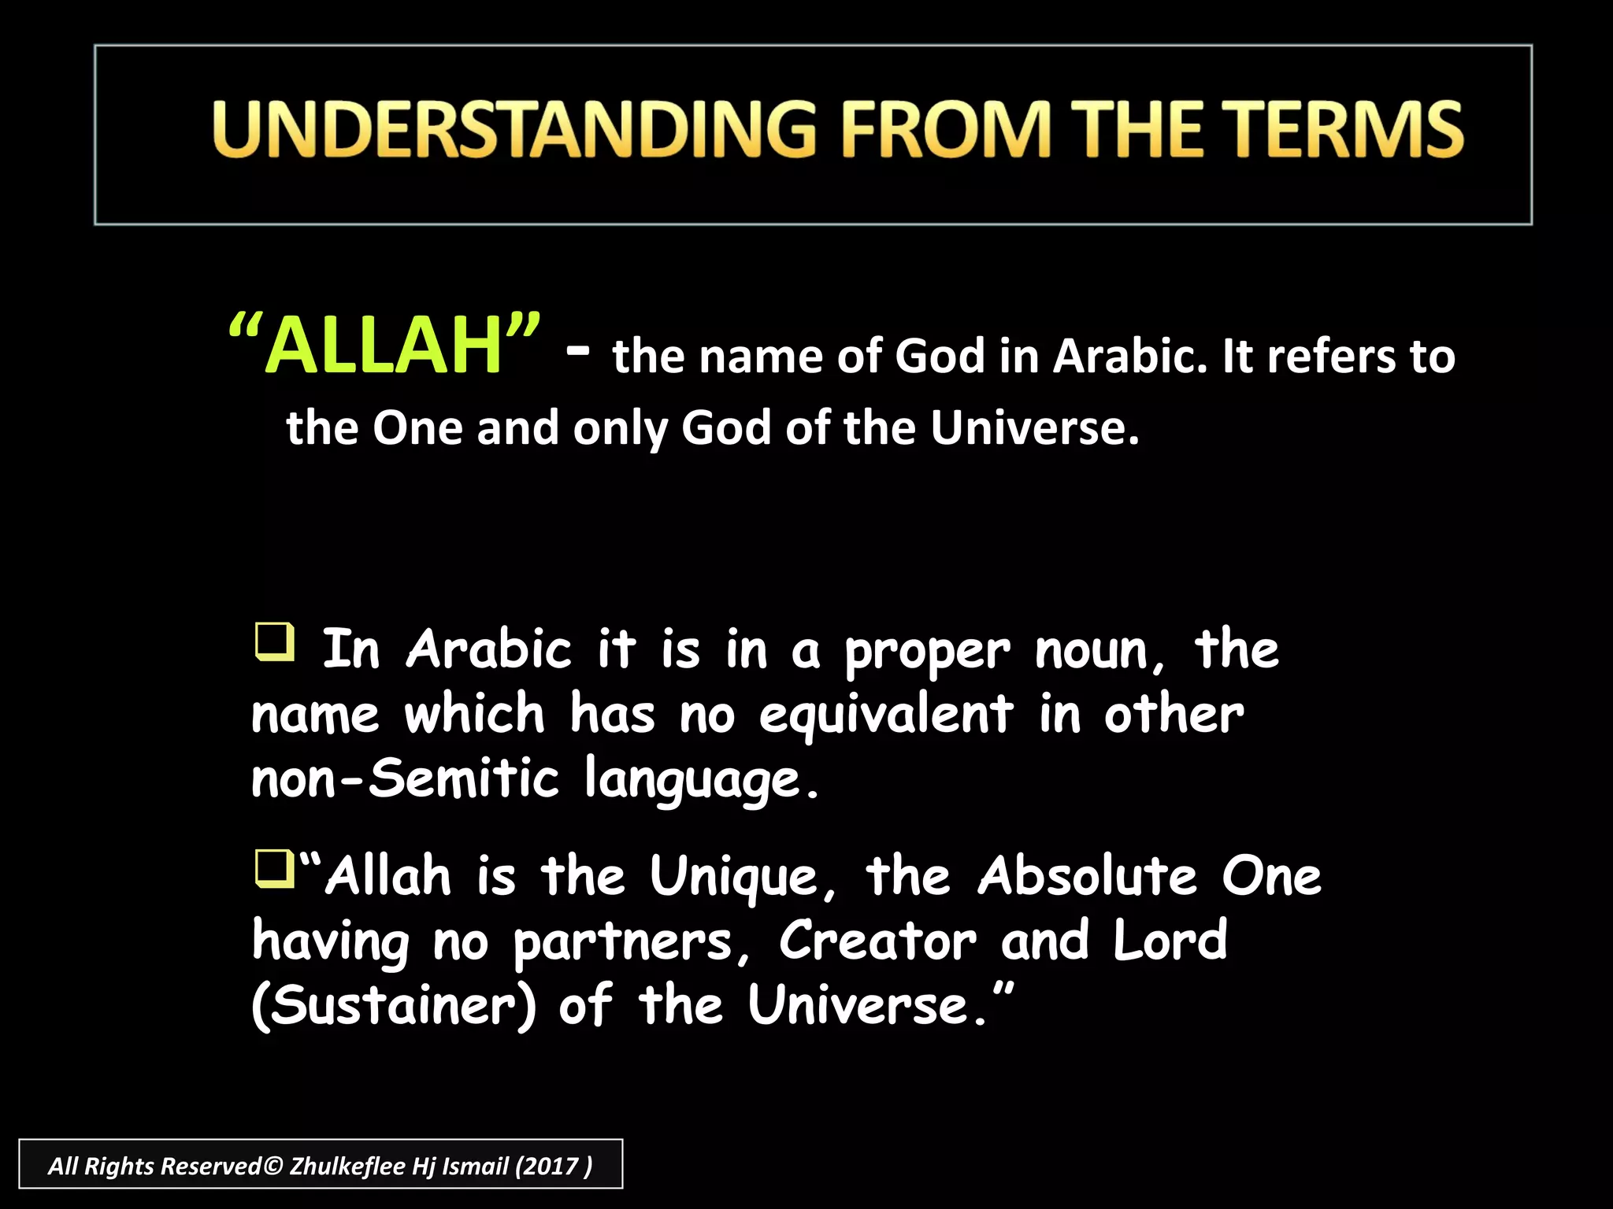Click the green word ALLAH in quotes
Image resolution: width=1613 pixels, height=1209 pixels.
(x=384, y=346)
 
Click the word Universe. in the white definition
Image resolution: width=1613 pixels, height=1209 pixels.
(x=1034, y=429)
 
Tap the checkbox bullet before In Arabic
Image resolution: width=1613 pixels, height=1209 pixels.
(x=274, y=641)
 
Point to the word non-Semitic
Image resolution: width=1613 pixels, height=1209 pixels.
(x=405, y=779)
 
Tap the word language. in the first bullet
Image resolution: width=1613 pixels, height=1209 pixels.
(x=701, y=782)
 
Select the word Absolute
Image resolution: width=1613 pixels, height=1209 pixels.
(x=1087, y=877)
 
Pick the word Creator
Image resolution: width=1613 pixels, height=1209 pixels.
(x=877, y=941)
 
